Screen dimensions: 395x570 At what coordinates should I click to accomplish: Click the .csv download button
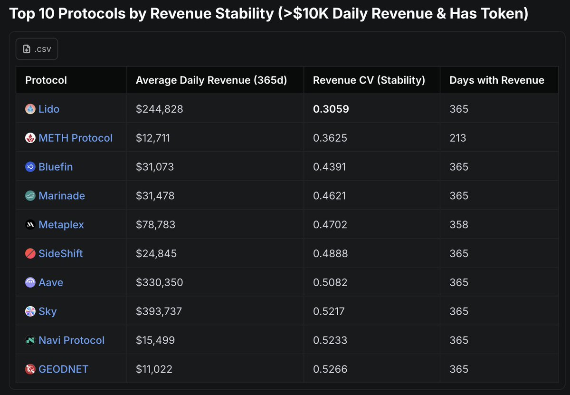click(x=37, y=49)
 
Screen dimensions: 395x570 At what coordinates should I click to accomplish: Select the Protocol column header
click(x=46, y=80)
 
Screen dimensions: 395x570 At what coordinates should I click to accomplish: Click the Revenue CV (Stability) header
click(x=369, y=80)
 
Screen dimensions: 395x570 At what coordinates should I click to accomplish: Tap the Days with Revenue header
click(x=496, y=80)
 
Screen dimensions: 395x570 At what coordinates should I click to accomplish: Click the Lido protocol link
click(x=49, y=109)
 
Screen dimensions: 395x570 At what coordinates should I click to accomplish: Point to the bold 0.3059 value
click(x=331, y=109)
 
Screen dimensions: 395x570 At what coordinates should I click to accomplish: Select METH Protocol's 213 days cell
click(x=458, y=138)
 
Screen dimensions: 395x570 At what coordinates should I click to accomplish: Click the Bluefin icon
click(x=30, y=167)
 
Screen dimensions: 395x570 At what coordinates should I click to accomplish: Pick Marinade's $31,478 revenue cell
click(x=155, y=196)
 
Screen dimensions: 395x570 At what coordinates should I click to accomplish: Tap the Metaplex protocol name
click(x=61, y=225)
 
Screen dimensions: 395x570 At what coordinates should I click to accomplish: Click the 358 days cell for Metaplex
click(x=458, y=225)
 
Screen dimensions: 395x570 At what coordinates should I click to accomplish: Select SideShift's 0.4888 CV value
click(x=330, y=254)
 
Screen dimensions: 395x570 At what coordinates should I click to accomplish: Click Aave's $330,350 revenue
click(x=159, y=282)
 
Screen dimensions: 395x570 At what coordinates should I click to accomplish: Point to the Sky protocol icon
click(x=30, y=311)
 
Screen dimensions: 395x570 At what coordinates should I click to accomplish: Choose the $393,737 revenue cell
click(x=159, y=311)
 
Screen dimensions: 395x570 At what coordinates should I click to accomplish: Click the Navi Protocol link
click(x=71, y=340)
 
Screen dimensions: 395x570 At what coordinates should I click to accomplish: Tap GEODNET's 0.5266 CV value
click(x=330, y=369)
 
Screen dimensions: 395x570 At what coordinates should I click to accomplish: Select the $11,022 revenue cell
click(x=154, y=369)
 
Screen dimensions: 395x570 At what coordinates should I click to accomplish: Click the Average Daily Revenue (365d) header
click(x=211, y=80)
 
